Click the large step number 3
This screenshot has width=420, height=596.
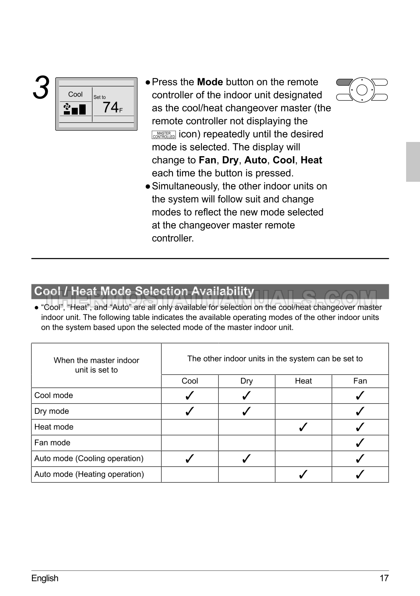coord(41,88)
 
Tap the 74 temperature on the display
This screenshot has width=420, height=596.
coord(110,107)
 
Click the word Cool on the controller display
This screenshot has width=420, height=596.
coord(75,94)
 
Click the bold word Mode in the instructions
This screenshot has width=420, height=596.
coord(210,82)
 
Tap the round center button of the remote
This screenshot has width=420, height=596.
coord(361,90)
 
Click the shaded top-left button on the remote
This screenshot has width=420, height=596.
coord(344,83)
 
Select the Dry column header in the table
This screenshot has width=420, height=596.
coord(246,381)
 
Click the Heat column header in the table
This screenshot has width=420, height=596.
coord(303,381)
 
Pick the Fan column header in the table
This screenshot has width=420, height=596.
coord(360,381)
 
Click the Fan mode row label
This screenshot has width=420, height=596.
coord(52,443)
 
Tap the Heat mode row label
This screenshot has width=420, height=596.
coord(54,427)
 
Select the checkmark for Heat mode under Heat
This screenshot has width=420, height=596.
coord(303,427)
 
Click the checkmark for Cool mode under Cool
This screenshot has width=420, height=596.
coord(190,395)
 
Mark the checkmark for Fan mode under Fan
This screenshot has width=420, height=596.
coord(360,443)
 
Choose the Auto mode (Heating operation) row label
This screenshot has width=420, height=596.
coord(89,474)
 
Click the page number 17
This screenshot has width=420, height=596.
coord(384,578)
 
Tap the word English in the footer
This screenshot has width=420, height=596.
coord(45,578)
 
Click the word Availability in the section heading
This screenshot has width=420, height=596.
coord(223,291)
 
